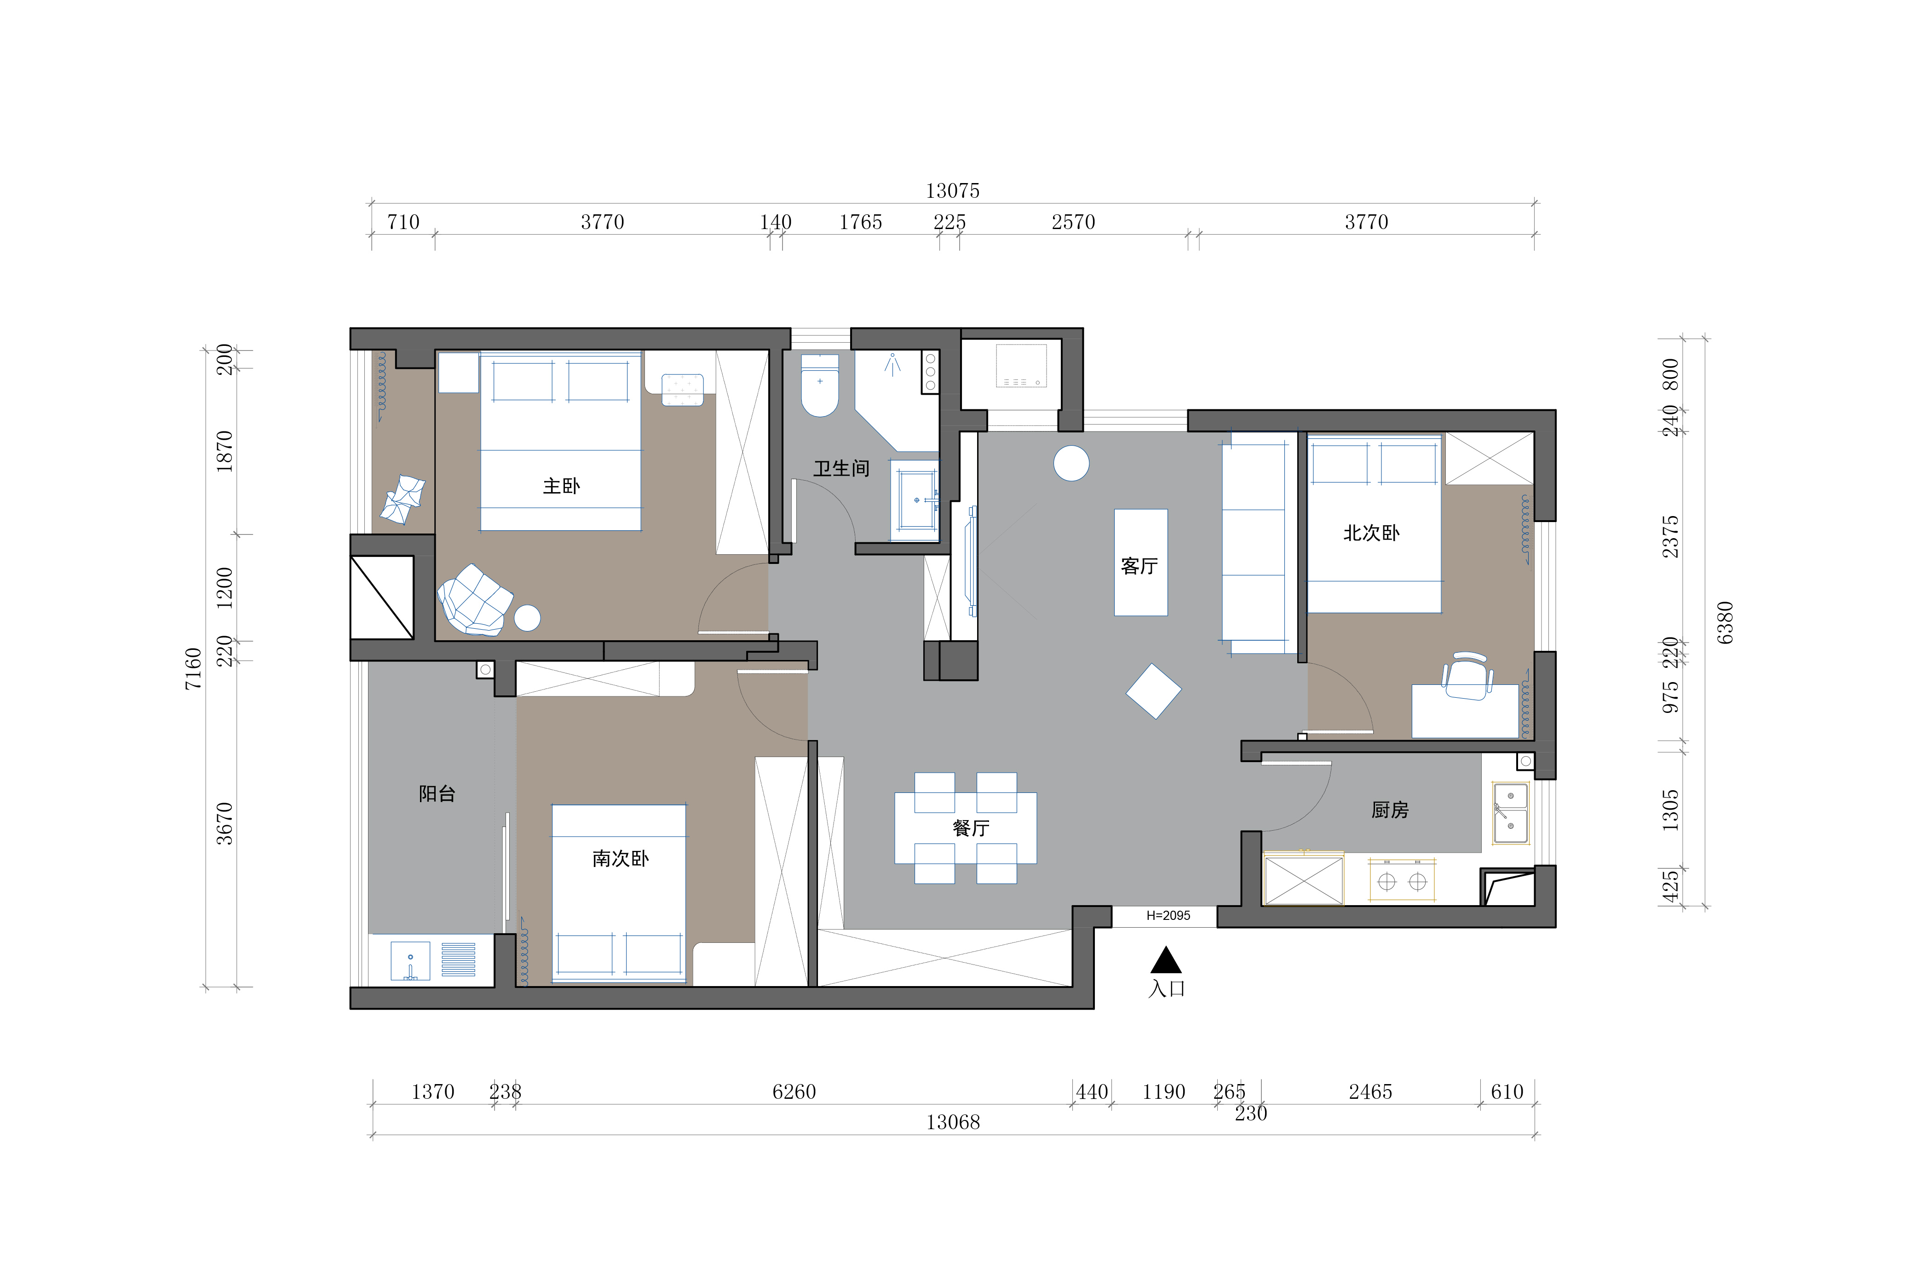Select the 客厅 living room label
point(1139,566)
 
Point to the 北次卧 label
point(1371,533)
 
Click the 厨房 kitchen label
point(1390,810)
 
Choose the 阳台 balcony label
point(437,794)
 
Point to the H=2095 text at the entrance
point(1168,915)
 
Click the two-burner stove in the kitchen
point(1402,881)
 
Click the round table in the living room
point(1071,463)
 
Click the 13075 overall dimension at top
point(953,191)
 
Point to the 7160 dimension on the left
point(194,668)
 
